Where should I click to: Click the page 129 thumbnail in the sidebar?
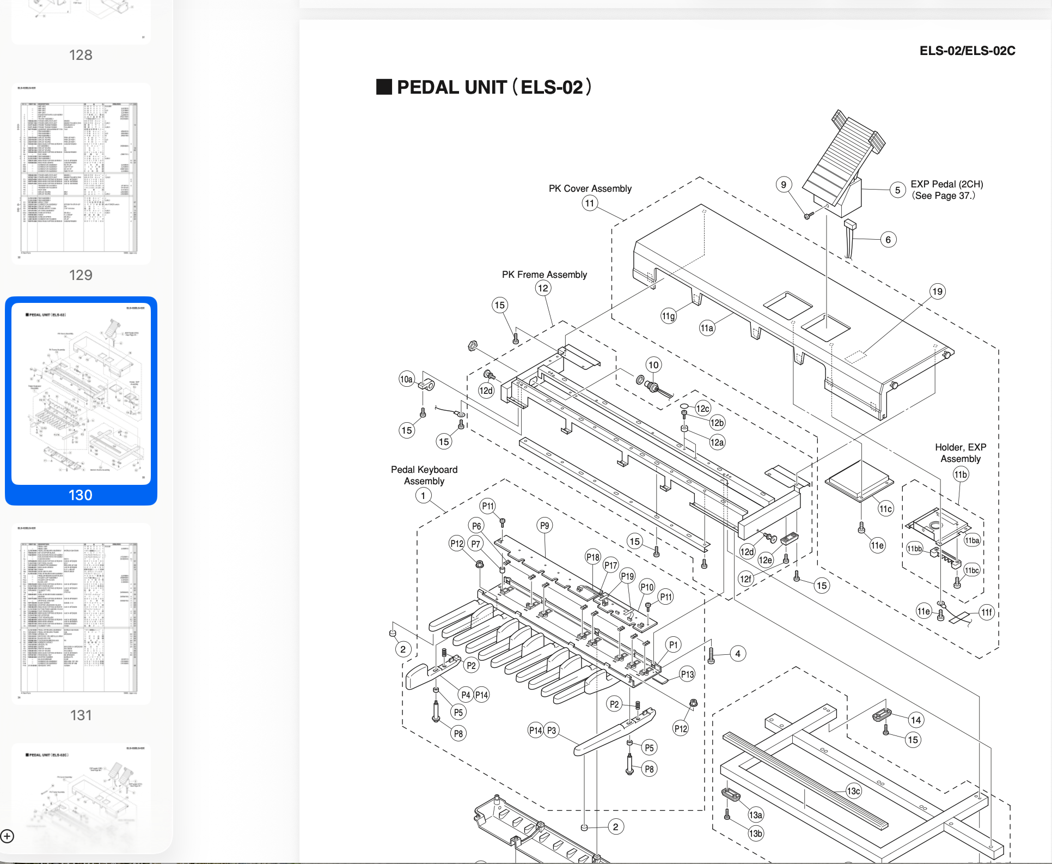tap(81, 174)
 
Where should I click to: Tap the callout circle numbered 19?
tap(937, 291)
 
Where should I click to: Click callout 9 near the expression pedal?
tap(784, 185)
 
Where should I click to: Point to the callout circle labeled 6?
tap(888, 240)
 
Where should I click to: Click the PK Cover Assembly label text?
tap(590, 188)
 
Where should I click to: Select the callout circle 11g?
tap(668, 316)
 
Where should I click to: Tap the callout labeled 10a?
tap(407, 379)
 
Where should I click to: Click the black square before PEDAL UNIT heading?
tap(384, 87)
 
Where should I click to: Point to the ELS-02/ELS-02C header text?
tap(967, 51)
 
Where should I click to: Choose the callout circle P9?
tap(545, 526)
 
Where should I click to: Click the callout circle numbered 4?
tap(738, 654)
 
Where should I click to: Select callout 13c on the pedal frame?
tap(853, 791)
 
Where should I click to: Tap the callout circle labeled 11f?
tap(987, 612)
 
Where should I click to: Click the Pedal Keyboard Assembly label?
tap(424, 475)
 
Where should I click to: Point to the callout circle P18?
tap(592, 557)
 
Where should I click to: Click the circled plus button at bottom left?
tap(7, 836)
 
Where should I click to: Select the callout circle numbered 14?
tap(916, 720)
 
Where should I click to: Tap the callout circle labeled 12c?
tap(702, 409)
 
